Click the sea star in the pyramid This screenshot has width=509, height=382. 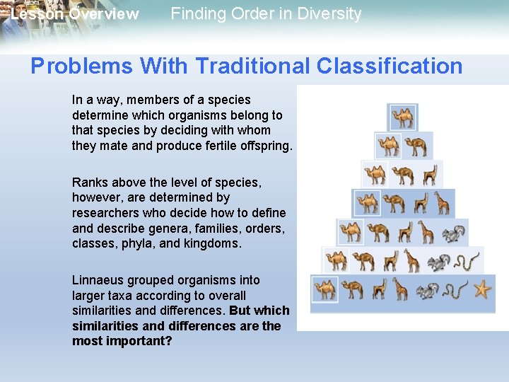(482, 289)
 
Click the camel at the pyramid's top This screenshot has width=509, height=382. (403, 117)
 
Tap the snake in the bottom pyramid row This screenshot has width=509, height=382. (457, 290)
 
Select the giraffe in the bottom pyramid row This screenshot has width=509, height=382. (400, 289)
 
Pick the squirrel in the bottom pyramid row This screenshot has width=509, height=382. (428, 290)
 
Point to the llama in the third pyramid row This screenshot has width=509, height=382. (430, 174)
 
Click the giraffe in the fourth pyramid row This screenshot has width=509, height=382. (442, 203)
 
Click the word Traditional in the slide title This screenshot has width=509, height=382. (252, 66)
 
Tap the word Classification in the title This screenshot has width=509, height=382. (390, 66)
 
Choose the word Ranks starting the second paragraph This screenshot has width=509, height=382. (88, 183)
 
